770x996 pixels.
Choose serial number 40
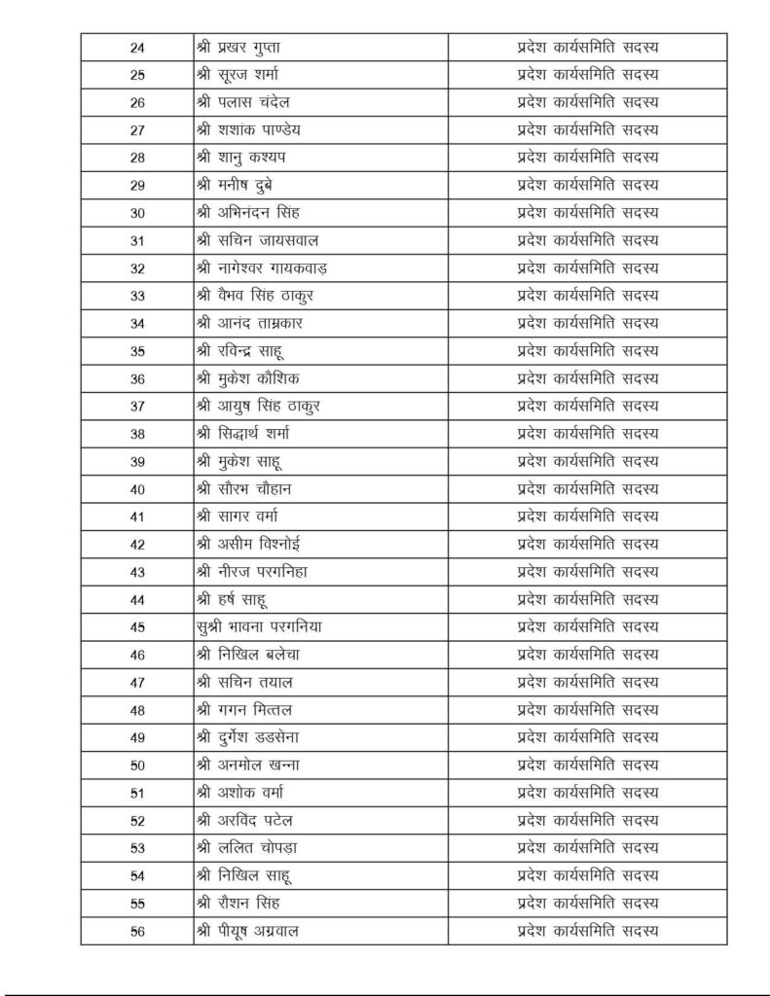[x=137, y=489]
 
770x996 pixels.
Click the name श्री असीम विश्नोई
[x=253, y=545]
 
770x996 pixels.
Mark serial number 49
[x=137, y=737]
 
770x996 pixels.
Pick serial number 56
[x=137, y=931]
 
